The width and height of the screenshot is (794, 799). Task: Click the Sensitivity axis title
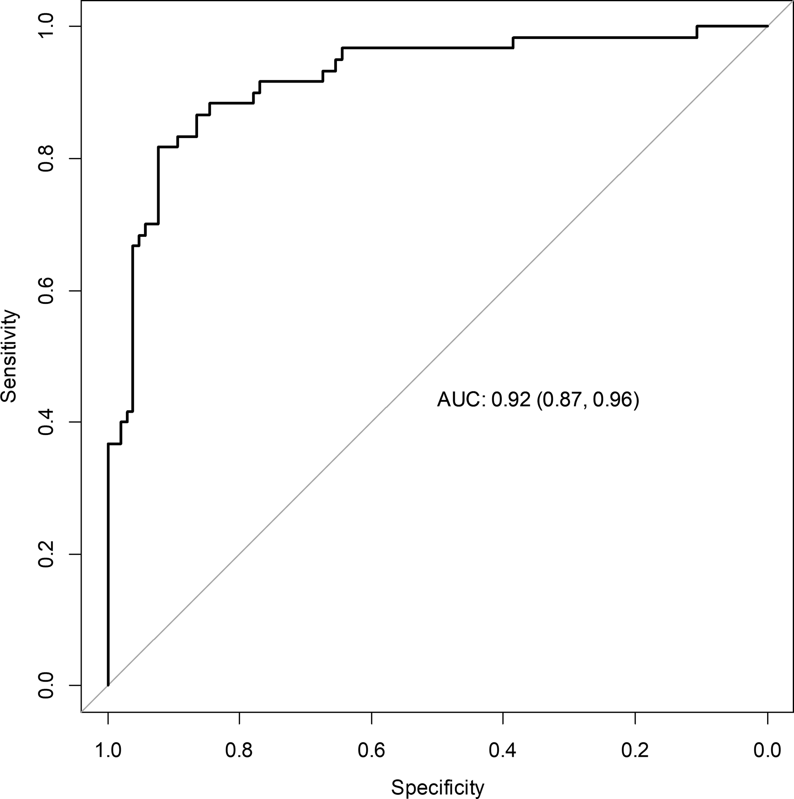point(9,356)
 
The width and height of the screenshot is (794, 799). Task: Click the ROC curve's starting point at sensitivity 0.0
point(108,685)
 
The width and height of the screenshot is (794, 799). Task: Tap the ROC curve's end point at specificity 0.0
point(767,27)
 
